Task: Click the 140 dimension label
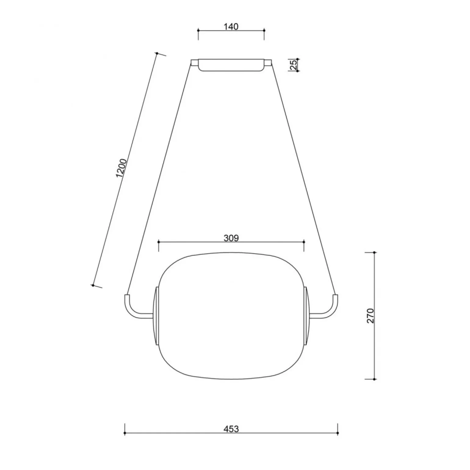(x=231, y=27)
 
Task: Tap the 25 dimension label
(x=293, y=65)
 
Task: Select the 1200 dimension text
(x=121, y=168)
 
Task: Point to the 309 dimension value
(x=231, y=238)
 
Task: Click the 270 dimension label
(x=370, y=316)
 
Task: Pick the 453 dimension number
(x=231, y=429)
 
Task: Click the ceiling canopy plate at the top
(x=231, y=65)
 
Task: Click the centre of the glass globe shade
(x=231, y=316)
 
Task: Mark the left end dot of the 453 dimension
(x=125, y=433)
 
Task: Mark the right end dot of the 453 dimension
(x=338, y=433)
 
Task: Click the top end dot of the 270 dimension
(x=374, y=253)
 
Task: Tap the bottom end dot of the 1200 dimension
(x=93, y=285)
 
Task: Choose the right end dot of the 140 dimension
(x=264, y=30)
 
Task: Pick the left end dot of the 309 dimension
(x=159, y=242)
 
